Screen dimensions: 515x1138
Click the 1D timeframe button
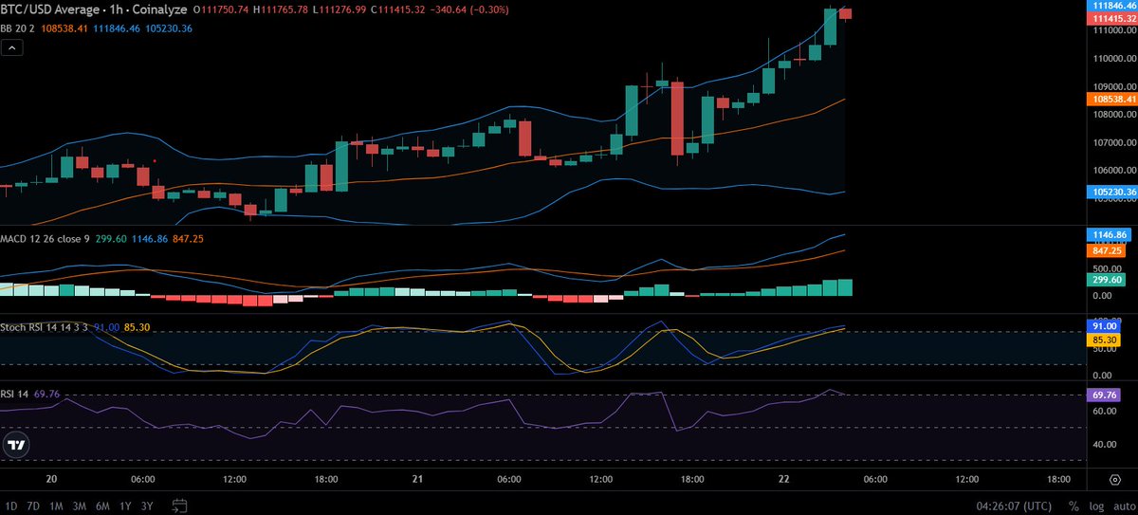tap(13, 506)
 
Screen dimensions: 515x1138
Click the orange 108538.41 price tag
tap(1110, 98)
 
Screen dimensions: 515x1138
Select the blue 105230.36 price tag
tap(1110, 192)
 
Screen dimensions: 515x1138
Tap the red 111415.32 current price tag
tap(1110, 18)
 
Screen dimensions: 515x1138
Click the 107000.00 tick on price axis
tap(1110, 143)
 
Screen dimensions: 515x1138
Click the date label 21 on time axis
tap(417, 480)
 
